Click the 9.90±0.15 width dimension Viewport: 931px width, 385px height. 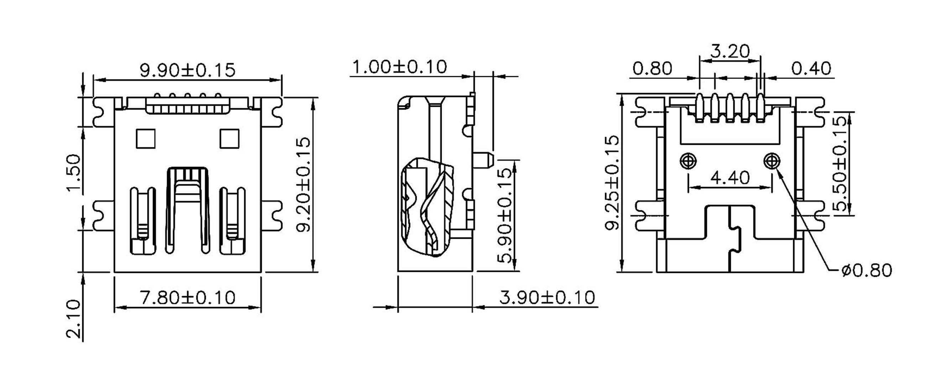coord(187,70)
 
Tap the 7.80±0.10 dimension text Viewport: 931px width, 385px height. coord(187,297)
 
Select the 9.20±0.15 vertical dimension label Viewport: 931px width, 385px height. coord(303,184)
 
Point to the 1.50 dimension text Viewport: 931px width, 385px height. coord(74,174)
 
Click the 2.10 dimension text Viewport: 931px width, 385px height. coord(74,318)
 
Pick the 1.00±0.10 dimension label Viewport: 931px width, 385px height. coord(399,67)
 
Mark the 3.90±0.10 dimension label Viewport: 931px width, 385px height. coord(547,297)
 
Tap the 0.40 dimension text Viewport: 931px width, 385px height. coord(811,69)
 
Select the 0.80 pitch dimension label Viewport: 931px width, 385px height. coord(652,69)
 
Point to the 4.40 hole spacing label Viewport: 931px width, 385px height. coord(730,178)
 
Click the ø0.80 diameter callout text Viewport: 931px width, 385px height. coord(866,270)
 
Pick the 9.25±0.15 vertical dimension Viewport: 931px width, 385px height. coord(612,183)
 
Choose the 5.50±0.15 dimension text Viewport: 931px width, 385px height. coord(840,163)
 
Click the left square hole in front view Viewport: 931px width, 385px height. coord(146,139)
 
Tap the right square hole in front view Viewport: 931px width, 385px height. coord(229,139)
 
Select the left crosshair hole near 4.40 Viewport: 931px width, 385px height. coord(688,161)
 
